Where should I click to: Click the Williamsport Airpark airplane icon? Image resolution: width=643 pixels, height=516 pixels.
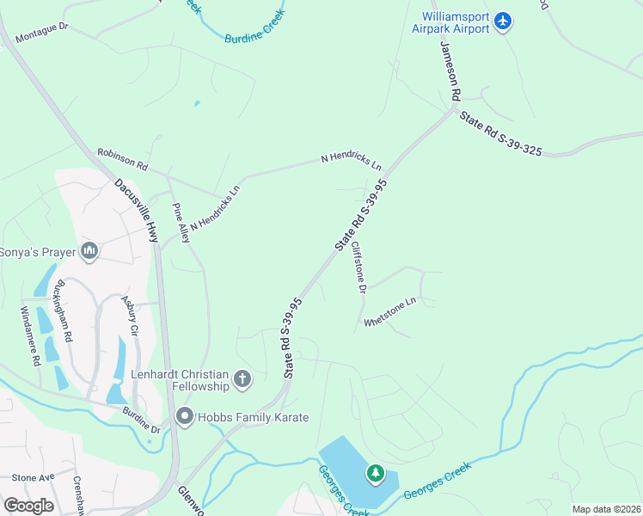504,21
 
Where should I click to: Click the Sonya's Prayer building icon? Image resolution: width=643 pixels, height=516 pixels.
89,251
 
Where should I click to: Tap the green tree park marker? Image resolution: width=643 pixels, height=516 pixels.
376,473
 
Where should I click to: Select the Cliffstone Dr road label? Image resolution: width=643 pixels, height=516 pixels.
358,267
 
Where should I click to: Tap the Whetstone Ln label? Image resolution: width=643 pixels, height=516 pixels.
389,312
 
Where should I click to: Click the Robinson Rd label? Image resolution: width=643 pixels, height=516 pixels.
122,158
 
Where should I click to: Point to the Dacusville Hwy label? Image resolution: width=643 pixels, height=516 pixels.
138,208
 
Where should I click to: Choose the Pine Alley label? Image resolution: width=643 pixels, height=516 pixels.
181,223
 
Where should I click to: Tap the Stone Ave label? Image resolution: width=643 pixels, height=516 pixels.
33,477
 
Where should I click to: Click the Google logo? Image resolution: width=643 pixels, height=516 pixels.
28,505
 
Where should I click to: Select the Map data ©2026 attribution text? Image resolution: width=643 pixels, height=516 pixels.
605,509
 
